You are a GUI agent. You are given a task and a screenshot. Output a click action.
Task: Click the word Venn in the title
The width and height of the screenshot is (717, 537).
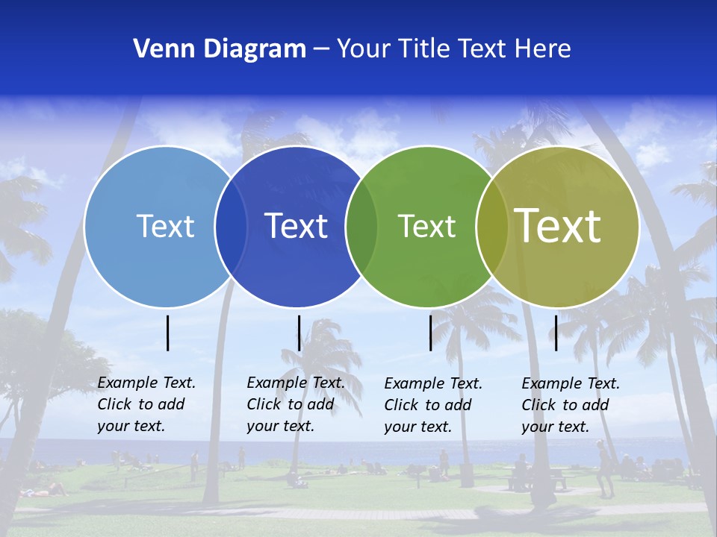[158, 49]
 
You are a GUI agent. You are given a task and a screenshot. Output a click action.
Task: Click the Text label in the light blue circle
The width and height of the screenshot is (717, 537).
[165, 226]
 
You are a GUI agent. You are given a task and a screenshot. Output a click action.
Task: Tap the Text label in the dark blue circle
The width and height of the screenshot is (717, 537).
[297, 226]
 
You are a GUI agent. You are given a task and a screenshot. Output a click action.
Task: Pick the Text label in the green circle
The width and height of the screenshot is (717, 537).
[426, 226]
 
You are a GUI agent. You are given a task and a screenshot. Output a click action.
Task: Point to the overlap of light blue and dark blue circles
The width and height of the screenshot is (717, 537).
[231, 227]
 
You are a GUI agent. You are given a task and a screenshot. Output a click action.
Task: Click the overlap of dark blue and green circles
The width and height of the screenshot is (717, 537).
[362, 227]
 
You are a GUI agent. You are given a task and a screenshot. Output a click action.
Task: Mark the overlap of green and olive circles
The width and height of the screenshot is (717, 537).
[492, 227]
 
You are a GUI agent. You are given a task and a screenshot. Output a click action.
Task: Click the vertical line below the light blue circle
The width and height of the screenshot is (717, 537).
[168, 333]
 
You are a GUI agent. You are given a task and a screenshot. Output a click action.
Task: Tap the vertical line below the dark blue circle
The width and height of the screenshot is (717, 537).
[299, 333]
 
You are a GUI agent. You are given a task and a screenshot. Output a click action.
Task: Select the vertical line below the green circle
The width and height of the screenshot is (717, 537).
[430, 333]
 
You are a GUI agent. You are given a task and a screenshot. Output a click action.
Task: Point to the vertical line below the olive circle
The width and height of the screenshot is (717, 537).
[556, 333]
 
